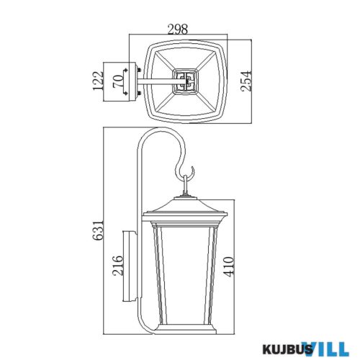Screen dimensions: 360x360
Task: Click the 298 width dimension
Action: [177, 30]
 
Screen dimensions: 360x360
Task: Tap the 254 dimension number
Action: [246, 81]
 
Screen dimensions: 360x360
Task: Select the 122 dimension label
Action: [98, 81]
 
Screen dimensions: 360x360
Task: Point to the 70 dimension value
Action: [118, 81]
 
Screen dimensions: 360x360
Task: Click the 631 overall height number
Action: [98, 230]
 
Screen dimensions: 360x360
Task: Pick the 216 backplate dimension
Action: [117, 266]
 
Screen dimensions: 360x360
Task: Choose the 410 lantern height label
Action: [228, 267]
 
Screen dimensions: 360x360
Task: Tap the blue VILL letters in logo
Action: [327, 348]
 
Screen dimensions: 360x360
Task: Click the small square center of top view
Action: [186, 81]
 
